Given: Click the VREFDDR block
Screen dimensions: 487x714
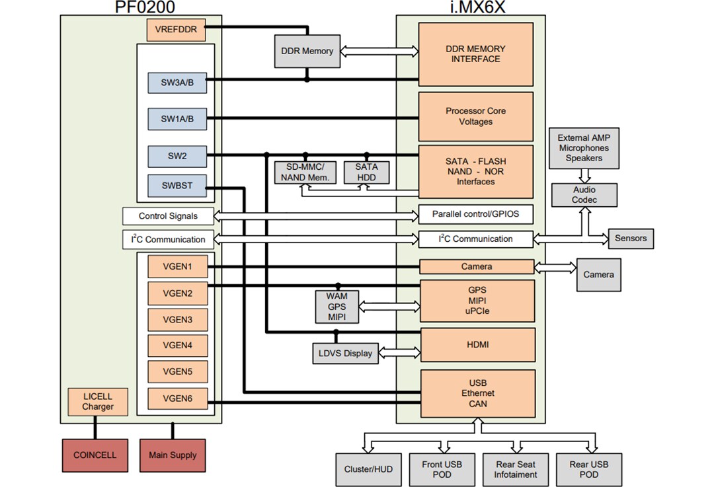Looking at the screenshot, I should (177, 30).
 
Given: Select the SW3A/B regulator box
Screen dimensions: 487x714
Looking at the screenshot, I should (177, 84).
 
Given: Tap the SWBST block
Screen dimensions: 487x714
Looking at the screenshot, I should (177, 186).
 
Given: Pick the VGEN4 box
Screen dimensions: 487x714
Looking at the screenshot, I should (177, 345).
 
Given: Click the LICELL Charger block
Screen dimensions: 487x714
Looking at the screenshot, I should (98, 402).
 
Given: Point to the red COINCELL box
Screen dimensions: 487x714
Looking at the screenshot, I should (95, 455).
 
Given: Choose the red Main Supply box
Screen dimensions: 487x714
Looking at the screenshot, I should (173, 455).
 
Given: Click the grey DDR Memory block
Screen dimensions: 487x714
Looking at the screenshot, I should (307, 51).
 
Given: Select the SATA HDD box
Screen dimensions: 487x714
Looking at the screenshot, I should (366, 172).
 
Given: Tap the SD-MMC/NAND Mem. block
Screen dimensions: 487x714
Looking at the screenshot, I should (304, 172).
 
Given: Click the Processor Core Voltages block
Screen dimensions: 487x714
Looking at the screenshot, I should (475, 116).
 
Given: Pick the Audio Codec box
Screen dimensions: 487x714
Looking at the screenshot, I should (584, 195).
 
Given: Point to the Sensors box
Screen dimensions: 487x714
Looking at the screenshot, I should (631, 238).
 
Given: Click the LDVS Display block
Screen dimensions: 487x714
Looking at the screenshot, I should (344, 353).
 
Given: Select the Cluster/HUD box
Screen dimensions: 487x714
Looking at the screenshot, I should (368, 469).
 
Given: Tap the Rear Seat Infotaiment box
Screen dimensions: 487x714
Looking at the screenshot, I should (516, 469).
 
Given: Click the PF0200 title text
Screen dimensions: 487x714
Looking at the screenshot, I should (141, 7).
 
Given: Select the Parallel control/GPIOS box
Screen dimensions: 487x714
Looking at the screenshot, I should (475, 214).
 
